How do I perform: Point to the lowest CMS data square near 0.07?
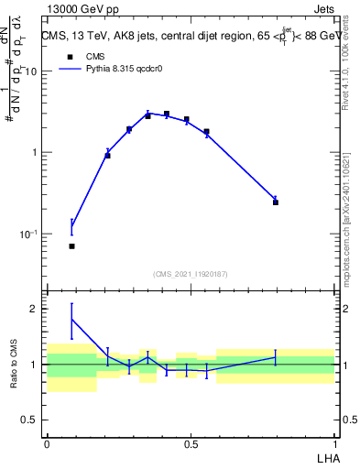pyautogui.click(x=72, y=246)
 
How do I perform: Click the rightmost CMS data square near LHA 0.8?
pyautogui.click(x=276, y=202)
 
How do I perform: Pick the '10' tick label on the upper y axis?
pyautogui.click(x=32, y=71)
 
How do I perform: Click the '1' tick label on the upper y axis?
pyautogui.click(x=35, y=152)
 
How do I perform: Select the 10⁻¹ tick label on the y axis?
pyautogui.click(x=30, y=234)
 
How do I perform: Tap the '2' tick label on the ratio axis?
pyautogui.click(x=35, y=309)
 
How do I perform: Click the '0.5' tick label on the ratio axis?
pyautogui.click(x=30, y=420)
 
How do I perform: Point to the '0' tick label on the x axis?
pyautogui.click(x=47, y=444)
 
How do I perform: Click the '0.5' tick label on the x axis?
pyautogui.click(x=191, y=444)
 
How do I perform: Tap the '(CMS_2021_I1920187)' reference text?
pyautogui.click(x=190, y=274)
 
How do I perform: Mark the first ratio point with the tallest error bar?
pyautogui.click(x=72, y=320)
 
